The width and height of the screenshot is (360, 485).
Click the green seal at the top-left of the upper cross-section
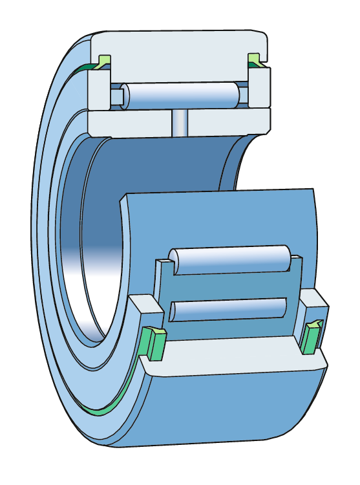[103, 61]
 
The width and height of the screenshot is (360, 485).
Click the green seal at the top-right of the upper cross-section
[255, 61]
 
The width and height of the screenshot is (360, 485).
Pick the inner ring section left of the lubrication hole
[129, 122]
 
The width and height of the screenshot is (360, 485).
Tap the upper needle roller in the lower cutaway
[229, 259]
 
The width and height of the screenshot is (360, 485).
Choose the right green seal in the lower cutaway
[312, 336]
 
